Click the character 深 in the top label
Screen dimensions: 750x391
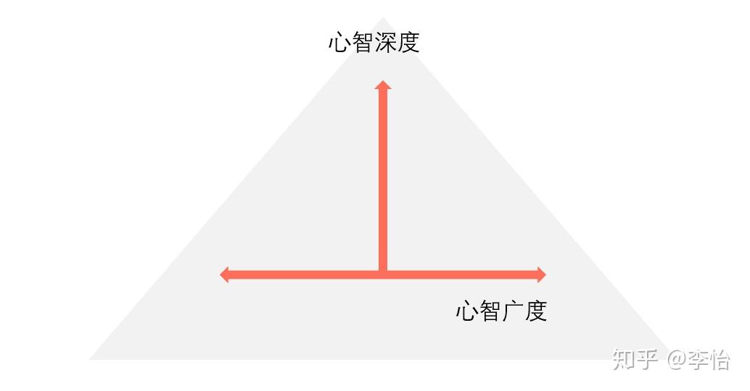tap(385, 43)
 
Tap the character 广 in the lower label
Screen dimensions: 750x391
tap(513, 311)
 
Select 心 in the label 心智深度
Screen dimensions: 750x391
tap(339, 43)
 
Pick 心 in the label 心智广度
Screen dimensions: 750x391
tap(467, 311)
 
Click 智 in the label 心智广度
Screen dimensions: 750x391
tap(490, 311)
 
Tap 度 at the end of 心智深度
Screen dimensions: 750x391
tap(408, 43)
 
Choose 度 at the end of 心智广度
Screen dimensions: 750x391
tap(536, 311)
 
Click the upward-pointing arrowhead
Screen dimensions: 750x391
tap(383, 85)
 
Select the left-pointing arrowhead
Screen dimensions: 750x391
tap(224, 274)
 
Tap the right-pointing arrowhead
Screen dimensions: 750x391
tap(541, 274)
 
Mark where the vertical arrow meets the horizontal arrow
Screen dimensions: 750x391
tap(383, 274)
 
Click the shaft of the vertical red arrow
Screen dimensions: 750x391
tap(383, 180)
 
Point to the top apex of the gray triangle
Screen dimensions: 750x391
tap(383, 17)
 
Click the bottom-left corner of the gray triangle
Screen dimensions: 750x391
tap(89, 359)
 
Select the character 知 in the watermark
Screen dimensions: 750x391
tap(623, 359)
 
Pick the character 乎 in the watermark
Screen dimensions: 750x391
tap(646, 359)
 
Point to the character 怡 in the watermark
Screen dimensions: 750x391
tap(720, 359)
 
